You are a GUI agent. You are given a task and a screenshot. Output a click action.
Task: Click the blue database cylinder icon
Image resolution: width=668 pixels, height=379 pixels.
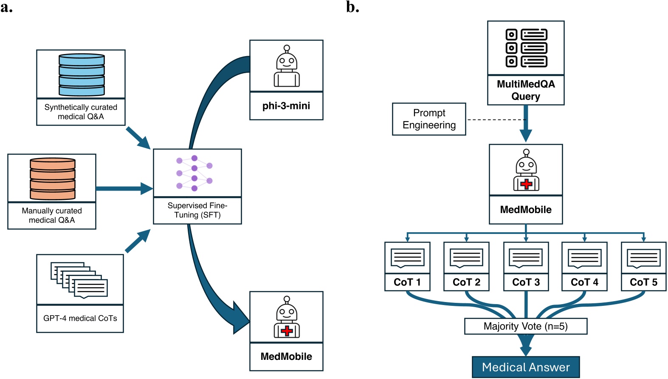(x=82, y=74)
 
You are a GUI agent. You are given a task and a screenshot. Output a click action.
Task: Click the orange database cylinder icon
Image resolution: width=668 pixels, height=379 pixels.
(x=53, y=179)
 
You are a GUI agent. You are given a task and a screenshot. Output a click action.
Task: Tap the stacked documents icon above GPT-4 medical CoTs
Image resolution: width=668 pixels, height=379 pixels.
(x=79, y=280)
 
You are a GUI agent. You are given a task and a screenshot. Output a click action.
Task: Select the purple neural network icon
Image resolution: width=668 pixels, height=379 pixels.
(x=194, y=173)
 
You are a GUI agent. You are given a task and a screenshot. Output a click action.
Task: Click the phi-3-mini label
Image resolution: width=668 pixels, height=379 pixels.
(x=286, y=106)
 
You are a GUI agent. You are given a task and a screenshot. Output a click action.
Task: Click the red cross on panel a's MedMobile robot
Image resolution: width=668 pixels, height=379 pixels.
(x=287, y=331)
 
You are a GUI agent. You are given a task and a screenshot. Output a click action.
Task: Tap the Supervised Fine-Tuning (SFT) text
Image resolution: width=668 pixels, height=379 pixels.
(x=197, y=210)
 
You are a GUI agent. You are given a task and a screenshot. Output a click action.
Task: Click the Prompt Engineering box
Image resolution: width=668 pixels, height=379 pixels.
(x=429, y=119)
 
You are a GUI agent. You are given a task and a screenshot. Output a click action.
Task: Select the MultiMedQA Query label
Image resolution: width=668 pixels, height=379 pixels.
(x=526, y=90)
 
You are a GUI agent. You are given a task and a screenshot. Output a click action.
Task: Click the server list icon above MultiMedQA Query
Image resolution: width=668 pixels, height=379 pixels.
(x=526, y=48)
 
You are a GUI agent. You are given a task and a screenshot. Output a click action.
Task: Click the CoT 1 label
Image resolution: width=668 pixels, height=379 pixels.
(x=407, y=282)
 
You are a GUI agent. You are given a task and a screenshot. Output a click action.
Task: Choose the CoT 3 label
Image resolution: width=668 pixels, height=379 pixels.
(x=526, y=282)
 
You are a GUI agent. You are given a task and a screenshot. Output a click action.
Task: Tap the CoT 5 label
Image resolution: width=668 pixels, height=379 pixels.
(x=643, y=282)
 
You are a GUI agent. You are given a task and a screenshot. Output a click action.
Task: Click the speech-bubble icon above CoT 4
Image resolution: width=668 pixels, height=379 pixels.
(x=584, y=258)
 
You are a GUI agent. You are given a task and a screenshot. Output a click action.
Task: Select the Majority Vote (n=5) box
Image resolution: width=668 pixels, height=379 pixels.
(x=526, y=326)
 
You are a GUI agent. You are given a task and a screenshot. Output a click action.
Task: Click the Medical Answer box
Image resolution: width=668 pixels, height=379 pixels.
(x=526, y=367)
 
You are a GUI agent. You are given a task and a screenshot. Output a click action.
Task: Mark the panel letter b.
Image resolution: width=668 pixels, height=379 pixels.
(x=352, y=7)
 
